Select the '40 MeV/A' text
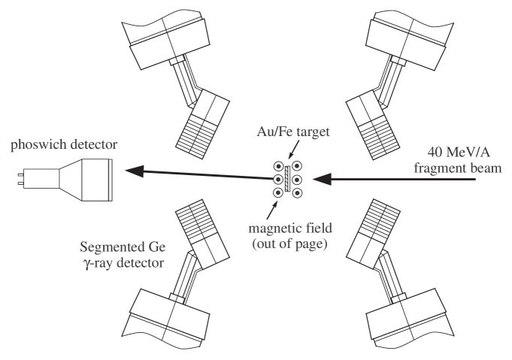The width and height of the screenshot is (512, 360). (457, 149)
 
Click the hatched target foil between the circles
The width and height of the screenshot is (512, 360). (287, 180)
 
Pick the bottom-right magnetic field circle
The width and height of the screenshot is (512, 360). (298, 193)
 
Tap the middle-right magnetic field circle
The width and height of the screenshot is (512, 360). (298, 180)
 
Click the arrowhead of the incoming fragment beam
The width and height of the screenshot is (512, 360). (320, 180)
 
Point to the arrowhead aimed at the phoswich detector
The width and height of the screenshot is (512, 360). (133, 173)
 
